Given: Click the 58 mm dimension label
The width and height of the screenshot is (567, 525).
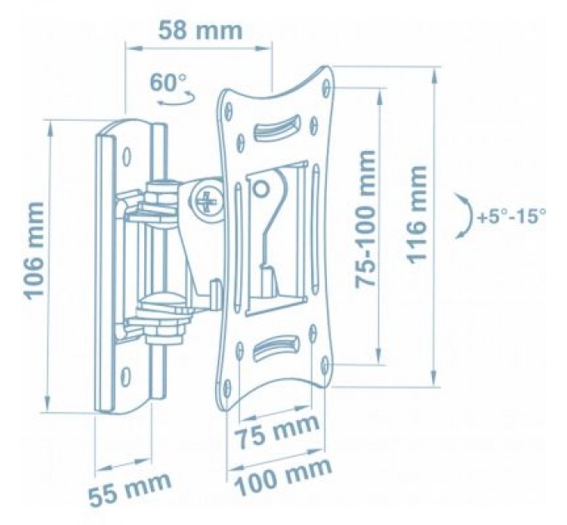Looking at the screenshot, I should (199, 31).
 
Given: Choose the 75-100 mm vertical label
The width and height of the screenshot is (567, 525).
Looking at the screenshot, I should (364, 219).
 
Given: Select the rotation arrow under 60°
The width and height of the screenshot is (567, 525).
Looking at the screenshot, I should (175, 99).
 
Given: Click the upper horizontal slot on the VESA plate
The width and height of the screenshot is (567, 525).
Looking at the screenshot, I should (276, 127).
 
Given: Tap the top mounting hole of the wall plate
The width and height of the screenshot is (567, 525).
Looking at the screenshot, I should (127, 156).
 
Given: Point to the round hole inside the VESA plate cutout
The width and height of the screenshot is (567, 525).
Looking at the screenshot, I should (260, 188).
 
